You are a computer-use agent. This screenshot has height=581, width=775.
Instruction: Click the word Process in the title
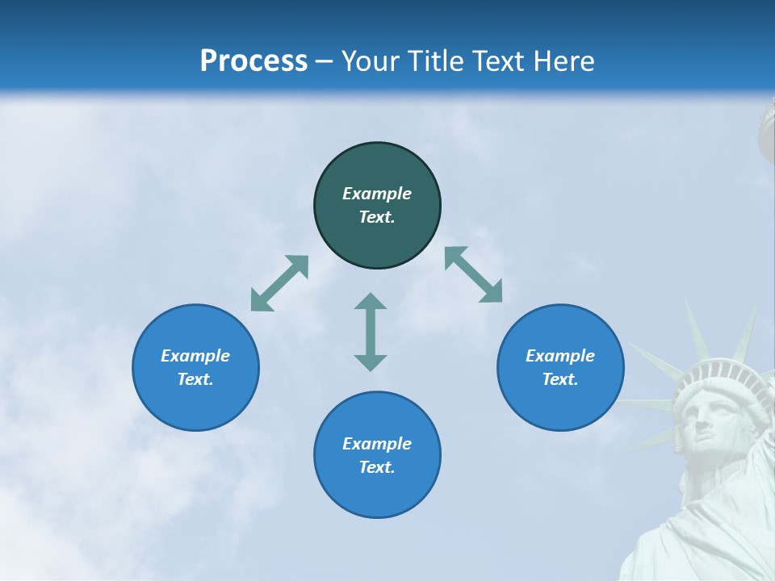[x=253, y=61]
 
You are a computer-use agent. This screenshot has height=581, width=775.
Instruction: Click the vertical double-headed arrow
[x=371, y=332]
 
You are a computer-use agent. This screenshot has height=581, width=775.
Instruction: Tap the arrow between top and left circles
[x=279, y=283]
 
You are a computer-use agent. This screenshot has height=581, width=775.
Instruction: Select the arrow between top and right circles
[x=473, y=274]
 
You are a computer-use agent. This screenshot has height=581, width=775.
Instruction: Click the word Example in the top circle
[x=377, y=194]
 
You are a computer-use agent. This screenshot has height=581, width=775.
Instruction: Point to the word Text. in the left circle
[x=195, y=379]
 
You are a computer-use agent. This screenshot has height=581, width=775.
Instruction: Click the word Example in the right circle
[x=560, y=356]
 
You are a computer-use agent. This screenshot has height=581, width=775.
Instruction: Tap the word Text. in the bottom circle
[x=377, y=467]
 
